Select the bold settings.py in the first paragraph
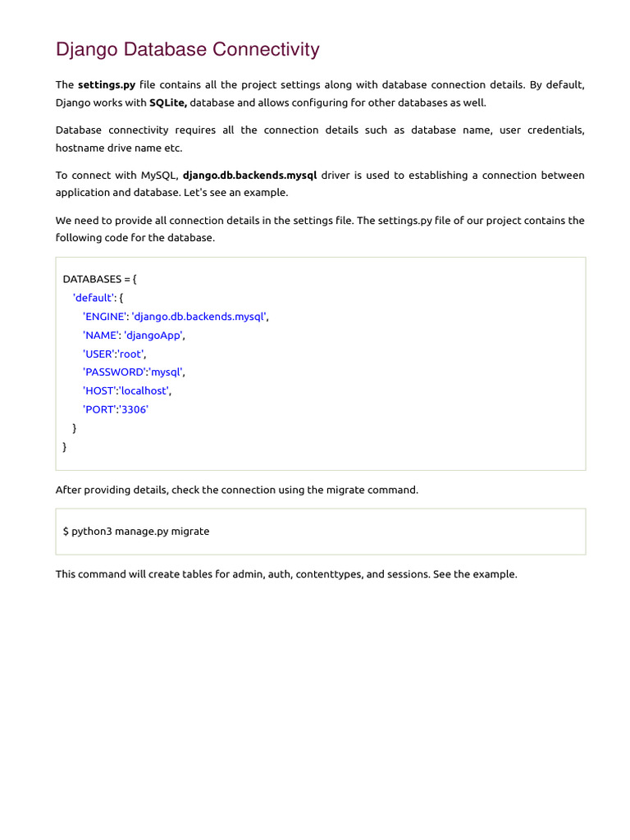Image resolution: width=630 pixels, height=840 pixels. [106, 85]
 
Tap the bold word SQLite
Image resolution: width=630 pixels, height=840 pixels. [167, 103]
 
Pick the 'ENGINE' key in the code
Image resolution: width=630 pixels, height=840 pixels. [104, 317]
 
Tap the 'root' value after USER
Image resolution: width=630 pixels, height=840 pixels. [130, 354]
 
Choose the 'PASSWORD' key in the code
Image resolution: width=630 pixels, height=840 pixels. [114, 372]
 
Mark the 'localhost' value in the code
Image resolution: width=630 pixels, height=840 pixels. [144, 390]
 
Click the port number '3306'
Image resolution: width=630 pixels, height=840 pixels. [134, 409]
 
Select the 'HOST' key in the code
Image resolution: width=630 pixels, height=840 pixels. [99, 390]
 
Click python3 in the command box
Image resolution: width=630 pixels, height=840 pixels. [91, 532]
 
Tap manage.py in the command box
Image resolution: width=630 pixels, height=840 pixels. [141, 532]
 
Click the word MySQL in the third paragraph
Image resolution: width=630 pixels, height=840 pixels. [157, 176]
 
